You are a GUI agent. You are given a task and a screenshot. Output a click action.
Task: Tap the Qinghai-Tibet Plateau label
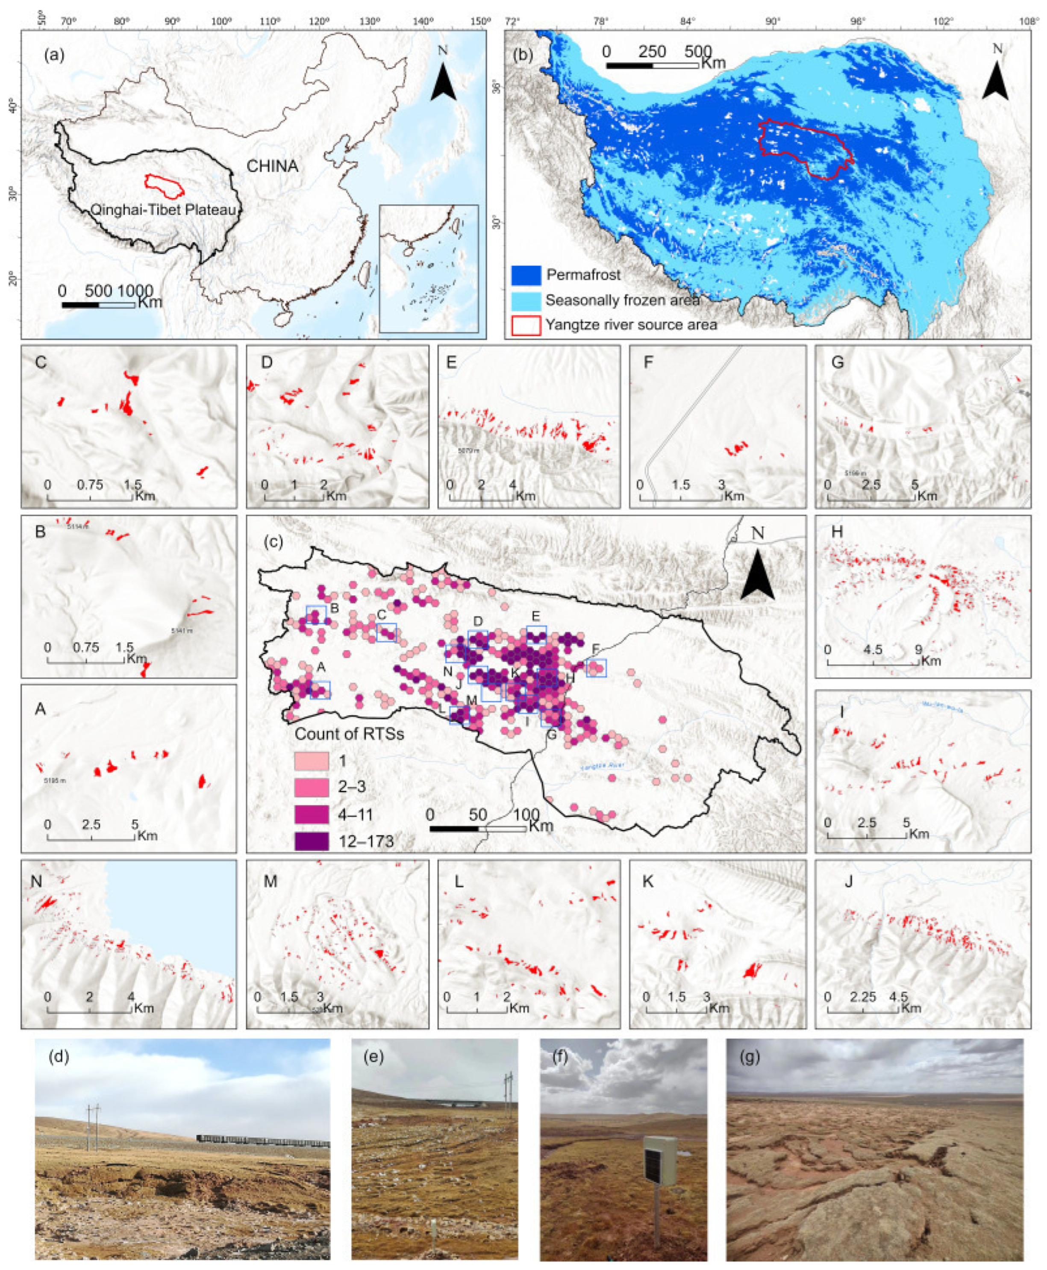click(163, 210)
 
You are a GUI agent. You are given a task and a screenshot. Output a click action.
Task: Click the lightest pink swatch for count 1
click(312, 761)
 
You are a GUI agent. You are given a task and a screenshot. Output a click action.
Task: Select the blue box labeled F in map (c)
click(596, 667)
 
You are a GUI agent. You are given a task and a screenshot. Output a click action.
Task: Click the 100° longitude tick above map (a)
click(221, 22)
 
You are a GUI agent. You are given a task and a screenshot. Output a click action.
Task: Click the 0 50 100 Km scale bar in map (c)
click(478, 829)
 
